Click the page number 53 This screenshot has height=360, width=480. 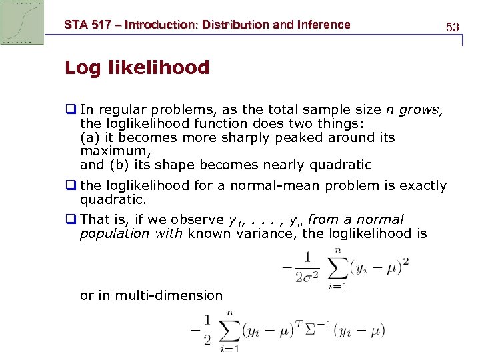click(x=453, y=27)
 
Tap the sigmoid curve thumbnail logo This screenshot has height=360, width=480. click(x=22, y=23)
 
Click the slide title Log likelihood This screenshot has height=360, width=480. click(x=137, y=67)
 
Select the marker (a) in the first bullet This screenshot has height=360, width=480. click(x=90, y=137)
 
